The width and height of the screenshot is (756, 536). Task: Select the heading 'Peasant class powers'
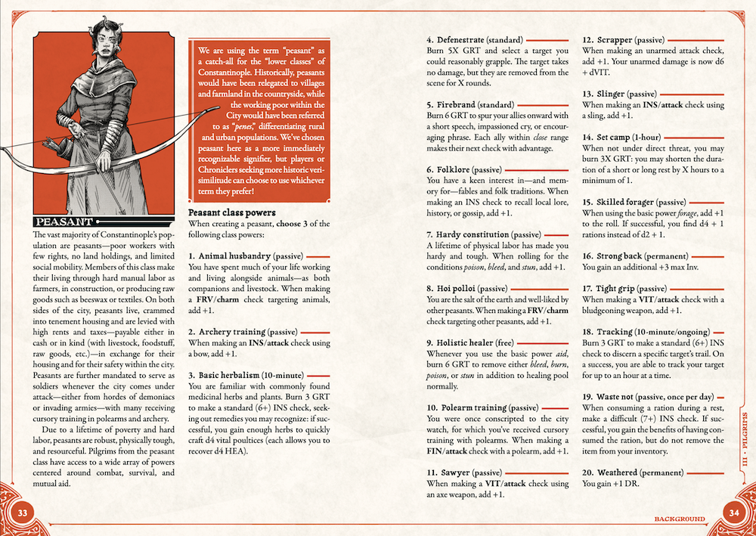point(231,212)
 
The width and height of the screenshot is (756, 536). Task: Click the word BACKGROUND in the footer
point(679,519)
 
